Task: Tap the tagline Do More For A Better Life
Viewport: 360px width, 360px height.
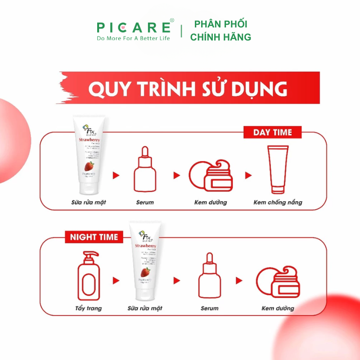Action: (134, 38)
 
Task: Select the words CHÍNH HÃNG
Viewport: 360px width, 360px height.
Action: (220, 37)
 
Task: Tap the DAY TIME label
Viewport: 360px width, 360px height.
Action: (272, 132)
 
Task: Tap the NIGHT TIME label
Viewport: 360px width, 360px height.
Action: (94, 237)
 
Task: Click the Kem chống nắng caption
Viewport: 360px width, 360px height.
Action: (278, 202)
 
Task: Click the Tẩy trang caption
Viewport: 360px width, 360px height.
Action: (88, 308)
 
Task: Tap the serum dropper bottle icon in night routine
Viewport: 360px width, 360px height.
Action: (210, 276)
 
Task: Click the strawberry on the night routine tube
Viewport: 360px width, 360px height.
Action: (145, 272)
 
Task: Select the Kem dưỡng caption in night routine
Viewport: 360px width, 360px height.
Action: (278, 308)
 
